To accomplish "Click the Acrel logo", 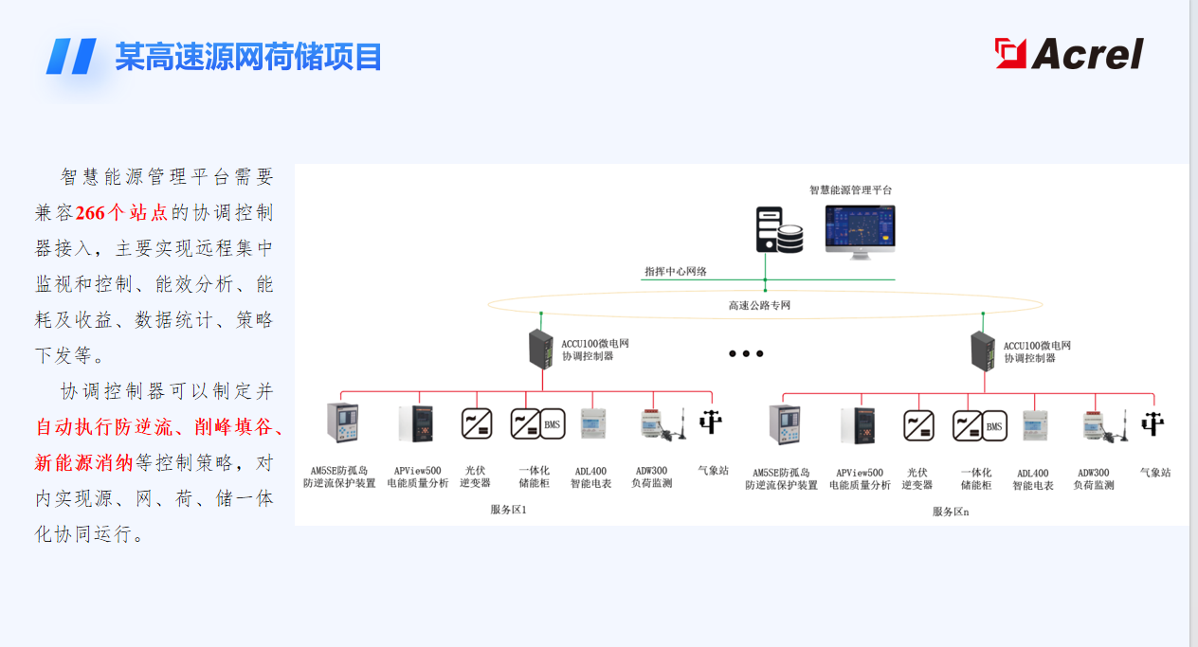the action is pos(1069,53).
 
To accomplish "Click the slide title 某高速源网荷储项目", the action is pos(248,57).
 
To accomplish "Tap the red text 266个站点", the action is pos(121,213).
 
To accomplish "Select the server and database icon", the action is pos(779,230).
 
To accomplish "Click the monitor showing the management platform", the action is pos(860,232).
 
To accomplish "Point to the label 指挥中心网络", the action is pos(676,272).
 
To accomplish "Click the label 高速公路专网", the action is pos(759,305).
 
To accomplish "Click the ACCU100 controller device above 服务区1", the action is pos(540,350).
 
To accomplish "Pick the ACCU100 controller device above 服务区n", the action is pos(983,351).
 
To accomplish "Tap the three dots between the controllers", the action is pos(746,353).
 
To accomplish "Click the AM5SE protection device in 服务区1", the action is pos(342,422).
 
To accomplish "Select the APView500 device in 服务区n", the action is pos(858,425).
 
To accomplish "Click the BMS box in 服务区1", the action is pos(552,424).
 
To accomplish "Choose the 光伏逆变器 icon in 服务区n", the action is pos(918,426).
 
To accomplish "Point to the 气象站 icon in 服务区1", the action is pos(711,422).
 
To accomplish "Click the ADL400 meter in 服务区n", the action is pos(1034,425).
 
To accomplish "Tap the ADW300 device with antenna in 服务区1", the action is pos(663,424).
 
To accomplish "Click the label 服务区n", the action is pos(951,512).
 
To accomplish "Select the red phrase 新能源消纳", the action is pos(83,462).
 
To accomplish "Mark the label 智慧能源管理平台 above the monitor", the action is pos(850,189).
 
